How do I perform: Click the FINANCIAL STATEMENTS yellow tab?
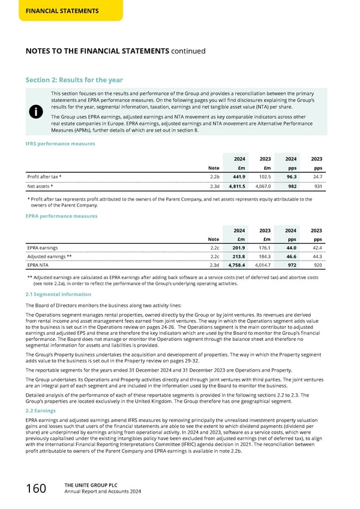point(52,11)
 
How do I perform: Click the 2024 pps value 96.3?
point(290,178)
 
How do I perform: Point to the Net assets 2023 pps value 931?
point(317,187)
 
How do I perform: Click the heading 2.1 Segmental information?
point(58,295)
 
